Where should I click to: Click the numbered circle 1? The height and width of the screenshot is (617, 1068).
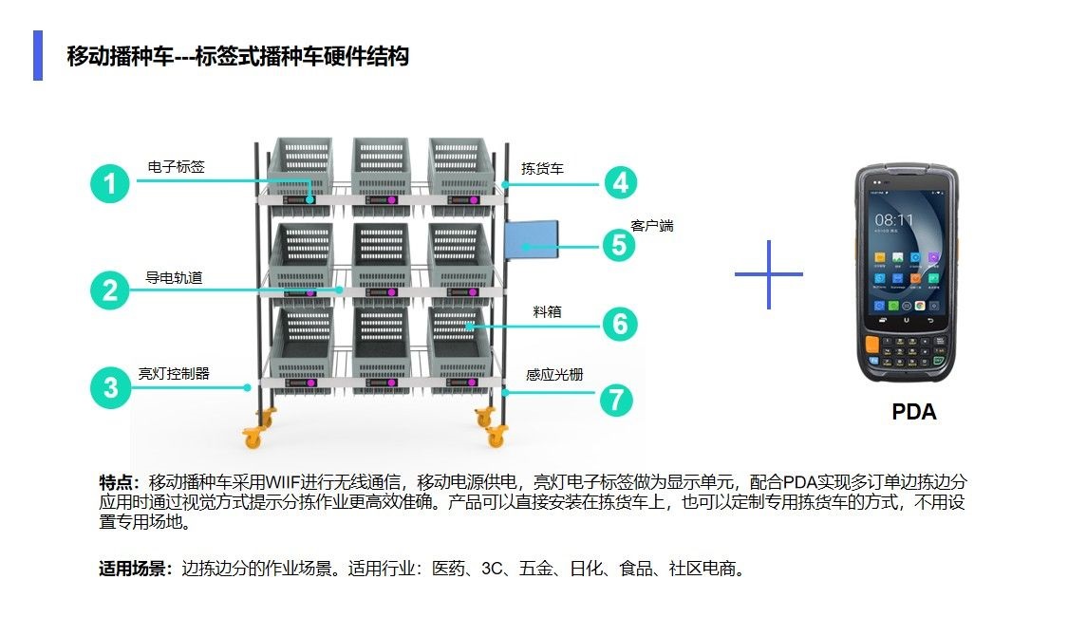coord(110,183)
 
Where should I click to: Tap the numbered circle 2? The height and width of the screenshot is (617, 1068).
coord(110,290)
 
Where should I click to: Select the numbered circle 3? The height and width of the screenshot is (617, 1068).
coord(110,387)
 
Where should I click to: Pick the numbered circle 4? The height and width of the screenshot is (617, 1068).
coord(619,181)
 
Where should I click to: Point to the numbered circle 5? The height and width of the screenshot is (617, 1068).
coord(619,245)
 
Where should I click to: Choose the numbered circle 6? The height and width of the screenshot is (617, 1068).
coord(619,325)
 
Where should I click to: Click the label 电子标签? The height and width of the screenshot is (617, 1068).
coord(176,167)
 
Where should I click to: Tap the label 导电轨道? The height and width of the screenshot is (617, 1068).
coord(174,278)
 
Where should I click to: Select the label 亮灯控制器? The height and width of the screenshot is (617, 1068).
coord(174,374)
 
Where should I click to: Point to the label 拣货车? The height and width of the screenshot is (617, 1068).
coord(542,169)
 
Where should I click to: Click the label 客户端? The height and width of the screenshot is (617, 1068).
coord(652,226)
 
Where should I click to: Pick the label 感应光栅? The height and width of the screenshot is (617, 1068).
coord(554,375)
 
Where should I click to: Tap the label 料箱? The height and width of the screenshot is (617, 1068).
coord(548,311)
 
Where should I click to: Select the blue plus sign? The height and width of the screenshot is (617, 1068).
coord(768,274)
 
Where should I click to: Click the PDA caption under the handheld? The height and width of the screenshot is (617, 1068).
coord(913,412)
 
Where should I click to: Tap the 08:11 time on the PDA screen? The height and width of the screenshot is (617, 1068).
coord(893,219)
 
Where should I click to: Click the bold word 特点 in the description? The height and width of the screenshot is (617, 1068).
coord(119,481)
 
